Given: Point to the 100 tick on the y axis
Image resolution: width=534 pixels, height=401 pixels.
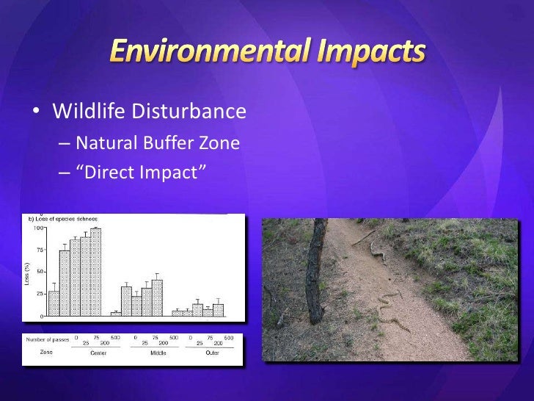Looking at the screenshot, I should pos(37,228).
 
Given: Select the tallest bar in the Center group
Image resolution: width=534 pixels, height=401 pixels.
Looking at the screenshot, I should pos(96,272).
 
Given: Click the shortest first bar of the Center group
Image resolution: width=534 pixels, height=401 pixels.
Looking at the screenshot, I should pos(54,303).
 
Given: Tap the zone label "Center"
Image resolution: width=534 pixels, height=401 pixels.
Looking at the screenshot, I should pos(97,352).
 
